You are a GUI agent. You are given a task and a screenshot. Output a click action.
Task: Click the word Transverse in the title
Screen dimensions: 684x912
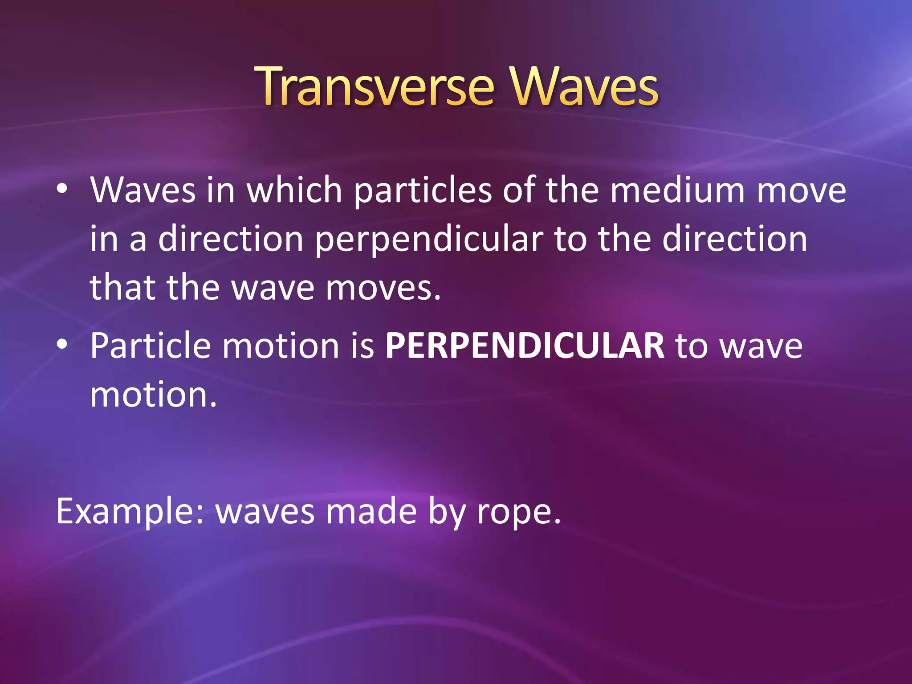(374, 87)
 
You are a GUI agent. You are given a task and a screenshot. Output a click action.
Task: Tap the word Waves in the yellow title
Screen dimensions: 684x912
(584, 87)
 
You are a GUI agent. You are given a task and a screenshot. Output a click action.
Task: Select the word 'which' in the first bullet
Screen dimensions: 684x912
(294, 191)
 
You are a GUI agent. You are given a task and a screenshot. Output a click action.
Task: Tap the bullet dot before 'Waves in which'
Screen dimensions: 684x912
(62, 190)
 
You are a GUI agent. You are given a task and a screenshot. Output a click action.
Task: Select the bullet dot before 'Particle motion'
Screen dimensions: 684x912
(62, 344)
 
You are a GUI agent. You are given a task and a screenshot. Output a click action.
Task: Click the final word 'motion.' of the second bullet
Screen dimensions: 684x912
(153, 395)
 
